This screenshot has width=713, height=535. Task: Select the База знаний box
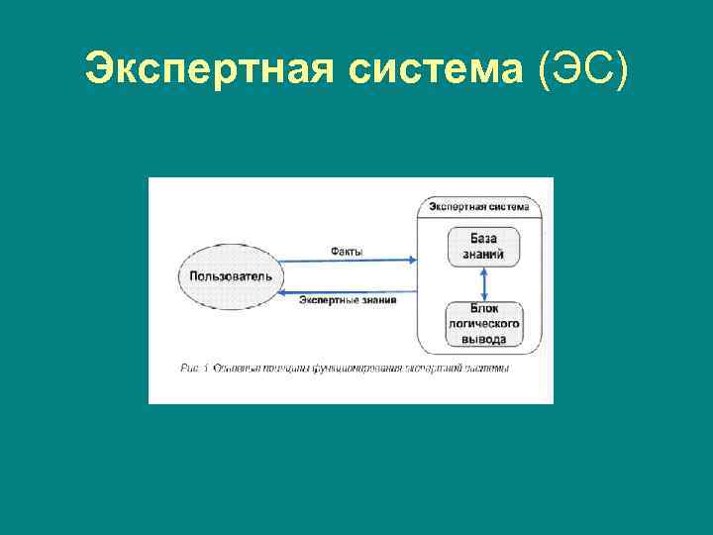(x=483, y=247)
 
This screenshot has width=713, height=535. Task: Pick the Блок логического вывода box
(x=483, y=324)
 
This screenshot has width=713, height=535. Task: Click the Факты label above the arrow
(x=347, y=252)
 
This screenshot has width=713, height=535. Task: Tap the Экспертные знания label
(x=348, y=299)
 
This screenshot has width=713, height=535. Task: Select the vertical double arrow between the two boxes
(x=483, y=285)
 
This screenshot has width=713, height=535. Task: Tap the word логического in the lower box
(x=483, y=324)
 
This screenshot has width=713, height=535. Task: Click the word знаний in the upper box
(x=483, y=255)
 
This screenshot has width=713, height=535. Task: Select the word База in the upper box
(x=483, y=239)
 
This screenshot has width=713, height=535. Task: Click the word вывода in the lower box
(x=483, y=338)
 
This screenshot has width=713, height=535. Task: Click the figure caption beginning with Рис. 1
(x=346, y=369)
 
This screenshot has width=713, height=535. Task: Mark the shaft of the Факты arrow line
(x=347, y=261)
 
